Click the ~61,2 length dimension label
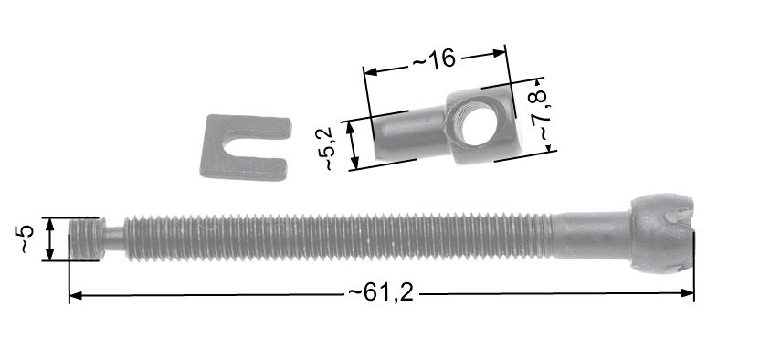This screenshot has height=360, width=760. (381, 294)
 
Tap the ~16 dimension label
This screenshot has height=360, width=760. (433, 59)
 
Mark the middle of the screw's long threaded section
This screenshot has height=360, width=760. (338, 238)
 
